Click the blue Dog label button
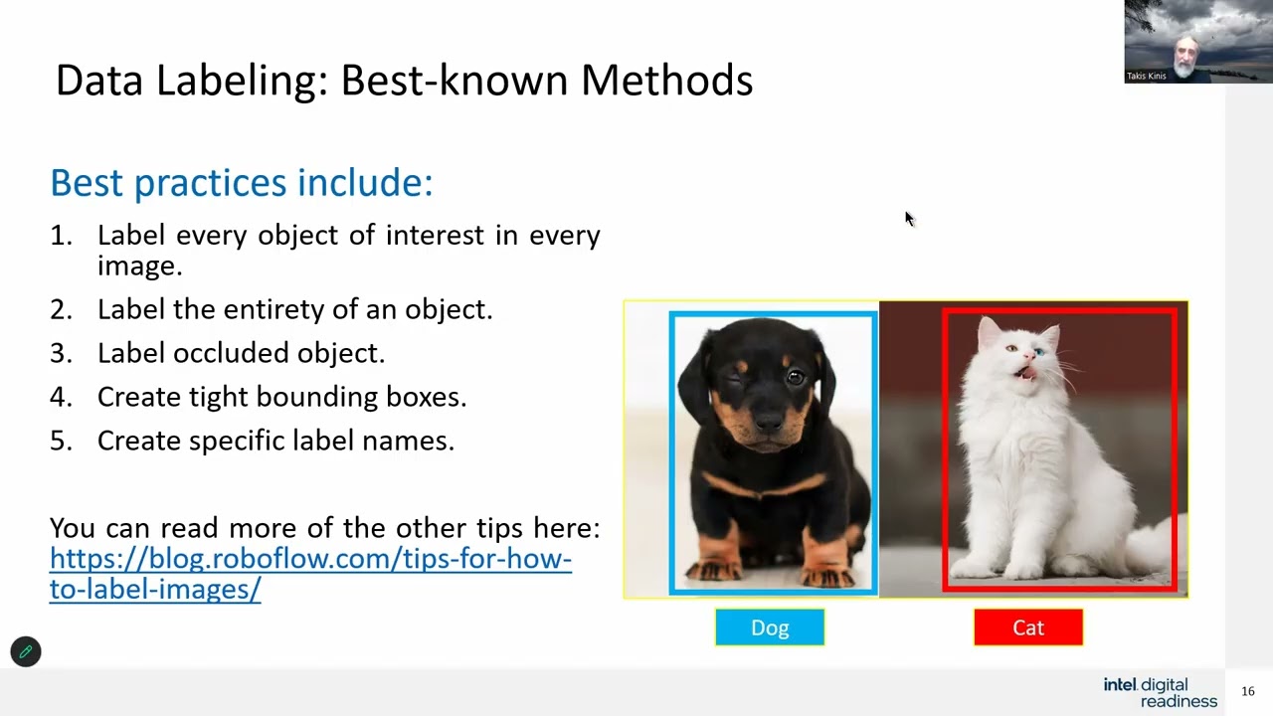[x=770, y=627]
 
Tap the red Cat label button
[x=1028, y=627]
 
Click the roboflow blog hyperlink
[x=309, y=574]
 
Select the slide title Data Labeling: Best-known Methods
[x=404, y=81]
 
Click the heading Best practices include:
[x=242, y=183]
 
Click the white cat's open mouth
[x=1028, y=373]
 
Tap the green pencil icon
[x=26, y=652]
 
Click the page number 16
[x=1248, y=691]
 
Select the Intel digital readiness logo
[x=1161, y=692]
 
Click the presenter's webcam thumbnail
[x=1198, y=41]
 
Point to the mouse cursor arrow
[x=909, y=219]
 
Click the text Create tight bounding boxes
[x=281, y=397]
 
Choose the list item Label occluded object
[x=241, y=353]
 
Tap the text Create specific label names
[x=275, y=441]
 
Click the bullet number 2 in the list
[x=61, y=309]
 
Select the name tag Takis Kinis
[x=1147, y=76]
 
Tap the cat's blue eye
[x=1038, y=353]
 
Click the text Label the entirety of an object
[x=294, y=309]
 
